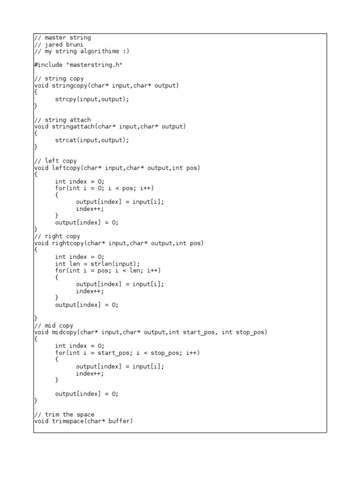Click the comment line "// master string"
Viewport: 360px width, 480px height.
pyautogui.click(x=62, y=37)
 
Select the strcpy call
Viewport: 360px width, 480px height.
pyautogui.click(x=65, y=99)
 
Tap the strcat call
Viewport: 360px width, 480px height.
pyautogui.click(x=65, y=140)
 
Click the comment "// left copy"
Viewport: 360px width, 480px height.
pyautogui.click(x=55, y=161)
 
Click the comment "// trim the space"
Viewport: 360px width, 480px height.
pyautogui.click(x=64, y=414)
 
